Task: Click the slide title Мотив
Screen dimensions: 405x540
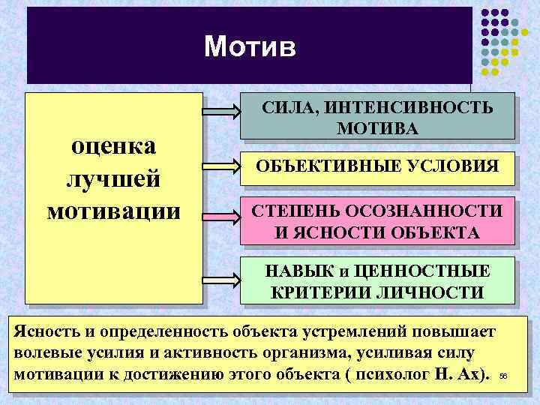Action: point(250,47)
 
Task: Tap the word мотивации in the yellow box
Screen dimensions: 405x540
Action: point(114,209)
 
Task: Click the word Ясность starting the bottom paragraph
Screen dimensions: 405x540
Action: point(45,331)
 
